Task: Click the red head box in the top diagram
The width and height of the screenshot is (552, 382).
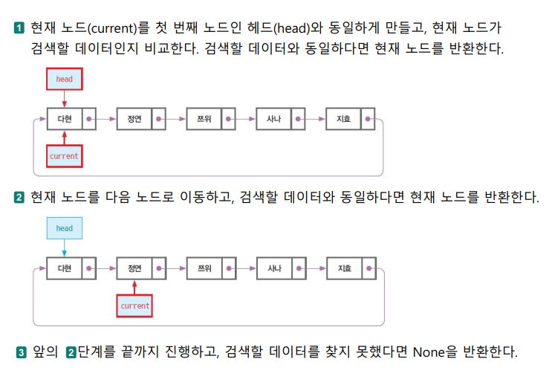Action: pos(65,79)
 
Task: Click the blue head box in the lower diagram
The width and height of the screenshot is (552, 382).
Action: pos(65,227)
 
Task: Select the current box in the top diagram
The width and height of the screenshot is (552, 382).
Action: pos(64,156)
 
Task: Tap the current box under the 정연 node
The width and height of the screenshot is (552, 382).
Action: pos(134,305)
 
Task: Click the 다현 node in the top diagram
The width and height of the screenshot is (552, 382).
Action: pos(64,118)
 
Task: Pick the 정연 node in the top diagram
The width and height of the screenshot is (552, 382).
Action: pos(134,118)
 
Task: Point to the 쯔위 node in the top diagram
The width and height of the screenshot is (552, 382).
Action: pos(204,118)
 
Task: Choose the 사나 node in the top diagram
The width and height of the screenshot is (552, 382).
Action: pos(273,118)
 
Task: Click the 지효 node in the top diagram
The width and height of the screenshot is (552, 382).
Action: pos(343,118)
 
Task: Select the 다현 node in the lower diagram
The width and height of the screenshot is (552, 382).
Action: pos(64,267)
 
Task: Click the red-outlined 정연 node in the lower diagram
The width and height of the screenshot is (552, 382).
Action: pos(134,267)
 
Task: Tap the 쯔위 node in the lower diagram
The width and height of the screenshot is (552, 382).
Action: pos(204,267)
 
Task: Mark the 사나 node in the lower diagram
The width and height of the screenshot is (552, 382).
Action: pos(273,267)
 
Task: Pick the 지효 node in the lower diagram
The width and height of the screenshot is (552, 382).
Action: pos(343,267)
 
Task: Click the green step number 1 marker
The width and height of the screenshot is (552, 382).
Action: pos(19,29)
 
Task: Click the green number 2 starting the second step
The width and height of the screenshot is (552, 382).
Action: pos(19,198)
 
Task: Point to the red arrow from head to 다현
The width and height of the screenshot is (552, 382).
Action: pos(65,98)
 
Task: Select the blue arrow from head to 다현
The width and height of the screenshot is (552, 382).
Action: pos(65,247)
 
